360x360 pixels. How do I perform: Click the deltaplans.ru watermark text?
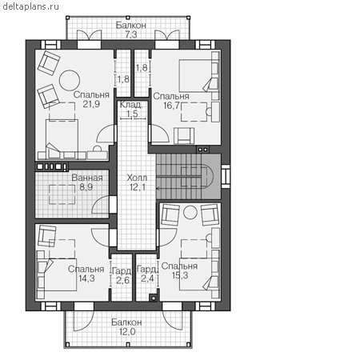30,6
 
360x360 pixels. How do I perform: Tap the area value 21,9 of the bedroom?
91,104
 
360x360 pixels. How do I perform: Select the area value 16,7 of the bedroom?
171,106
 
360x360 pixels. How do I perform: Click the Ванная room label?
87,178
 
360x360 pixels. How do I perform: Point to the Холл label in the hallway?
137,178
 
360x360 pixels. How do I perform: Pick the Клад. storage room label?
131,105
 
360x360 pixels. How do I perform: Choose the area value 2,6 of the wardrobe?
122,280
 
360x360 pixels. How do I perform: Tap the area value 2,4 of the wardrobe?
147,278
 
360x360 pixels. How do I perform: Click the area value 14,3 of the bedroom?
86,278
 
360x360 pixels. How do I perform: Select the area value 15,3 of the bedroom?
180,275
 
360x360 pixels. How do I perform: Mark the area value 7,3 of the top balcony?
131,34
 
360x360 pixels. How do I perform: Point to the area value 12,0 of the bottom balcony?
127,332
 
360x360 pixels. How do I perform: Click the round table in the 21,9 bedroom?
70,80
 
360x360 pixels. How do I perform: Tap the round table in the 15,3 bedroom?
190,213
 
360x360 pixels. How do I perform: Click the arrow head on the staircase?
158,189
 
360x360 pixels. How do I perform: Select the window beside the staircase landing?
226,176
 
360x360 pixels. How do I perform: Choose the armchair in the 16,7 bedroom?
184,136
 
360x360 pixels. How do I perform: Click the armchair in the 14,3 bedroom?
47,236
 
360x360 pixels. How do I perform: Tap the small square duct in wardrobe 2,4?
154,298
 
